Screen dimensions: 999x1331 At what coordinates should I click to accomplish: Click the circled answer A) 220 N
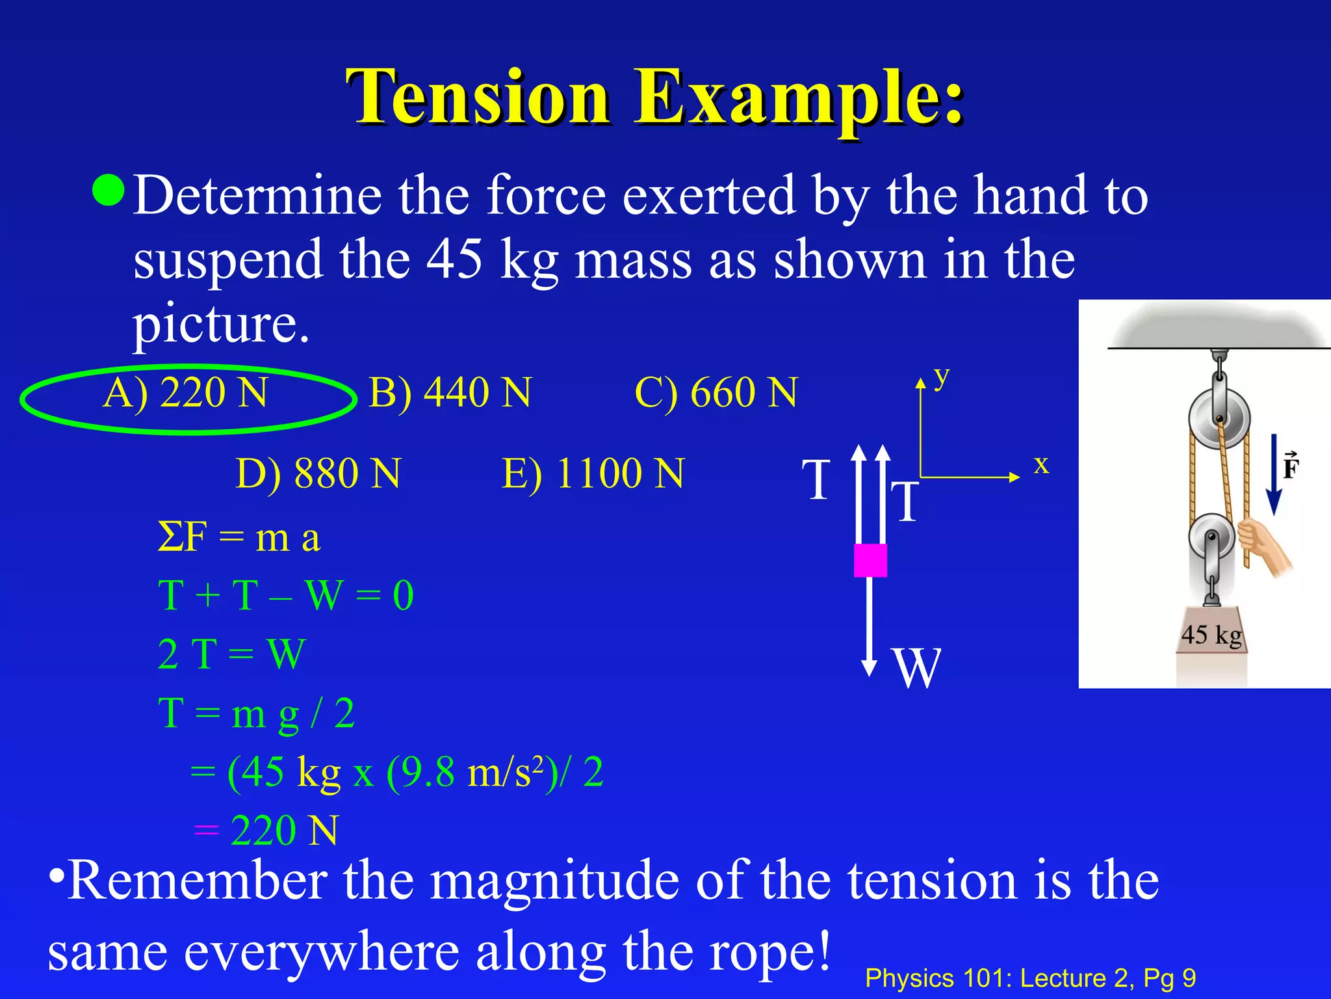(186, 393)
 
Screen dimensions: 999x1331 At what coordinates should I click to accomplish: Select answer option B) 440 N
(450, 393)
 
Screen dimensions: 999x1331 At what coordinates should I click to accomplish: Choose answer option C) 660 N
(716, 393)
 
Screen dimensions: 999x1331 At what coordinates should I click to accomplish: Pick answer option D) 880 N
(318, 473)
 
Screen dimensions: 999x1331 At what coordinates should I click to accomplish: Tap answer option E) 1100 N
(593, 473)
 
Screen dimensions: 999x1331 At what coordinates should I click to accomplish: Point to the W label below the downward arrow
(917, 668)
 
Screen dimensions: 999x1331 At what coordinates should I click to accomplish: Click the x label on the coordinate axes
(1041, 464)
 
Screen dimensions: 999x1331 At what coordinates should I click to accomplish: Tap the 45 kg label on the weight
(1211, 635)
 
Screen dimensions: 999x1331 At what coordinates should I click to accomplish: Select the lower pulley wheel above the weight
(1211, 537)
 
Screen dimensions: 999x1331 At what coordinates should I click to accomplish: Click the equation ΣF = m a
(239, 539)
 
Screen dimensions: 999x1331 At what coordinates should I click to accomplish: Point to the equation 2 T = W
(231, 654)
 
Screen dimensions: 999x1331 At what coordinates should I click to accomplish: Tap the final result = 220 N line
(266, 831)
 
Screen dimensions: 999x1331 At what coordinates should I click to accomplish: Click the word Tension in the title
(478, 98)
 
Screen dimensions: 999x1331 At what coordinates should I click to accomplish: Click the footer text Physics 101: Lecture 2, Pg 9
(1030, 978)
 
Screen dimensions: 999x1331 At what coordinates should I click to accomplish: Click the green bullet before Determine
(108, 190)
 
